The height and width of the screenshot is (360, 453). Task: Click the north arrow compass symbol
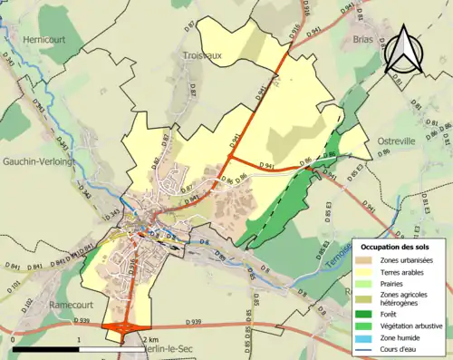click(x=405, y=50)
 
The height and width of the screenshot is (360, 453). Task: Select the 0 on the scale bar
click(x=14, y=338)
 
